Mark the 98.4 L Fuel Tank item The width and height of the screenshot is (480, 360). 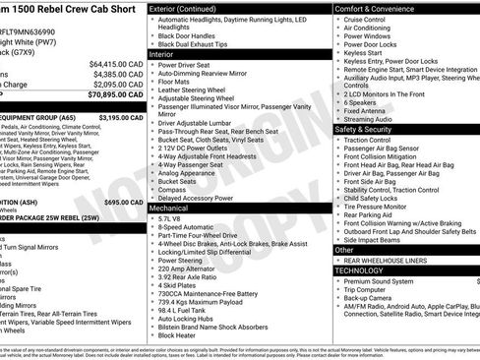point(185,310)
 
